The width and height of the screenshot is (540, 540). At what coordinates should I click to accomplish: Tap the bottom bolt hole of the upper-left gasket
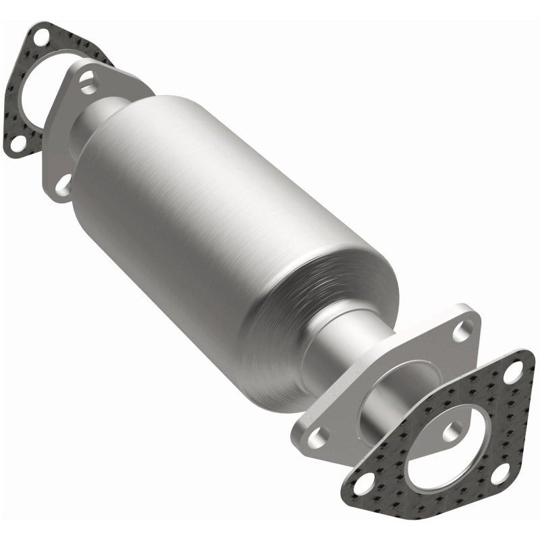click(14, 142)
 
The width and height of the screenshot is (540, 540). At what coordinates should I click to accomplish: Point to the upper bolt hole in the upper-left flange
click(87, 82)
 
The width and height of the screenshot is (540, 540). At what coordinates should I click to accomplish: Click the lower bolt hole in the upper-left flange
click(63, 184)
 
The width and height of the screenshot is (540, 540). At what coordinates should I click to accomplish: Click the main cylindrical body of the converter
click(216, 223)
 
